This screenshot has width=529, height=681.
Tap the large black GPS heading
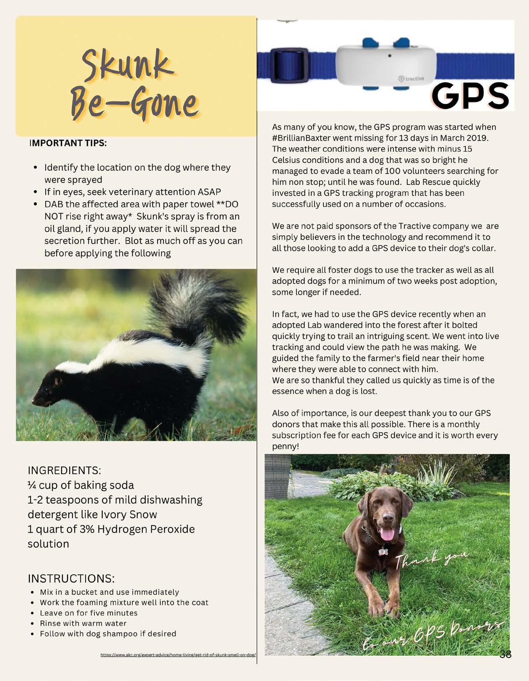(x=470, y=95)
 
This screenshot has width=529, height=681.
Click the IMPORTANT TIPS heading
(x=68, y=143)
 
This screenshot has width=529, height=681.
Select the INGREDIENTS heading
(x=64, y=470)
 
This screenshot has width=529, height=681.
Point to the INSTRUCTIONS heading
(x=71, y=578)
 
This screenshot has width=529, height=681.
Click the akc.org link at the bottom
(x=178, y=655)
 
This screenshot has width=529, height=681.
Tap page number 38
(x=505, y=654)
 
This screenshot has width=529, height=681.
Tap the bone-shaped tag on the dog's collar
(x=382, y=550)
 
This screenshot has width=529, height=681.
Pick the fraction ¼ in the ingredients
(x=32, y=485)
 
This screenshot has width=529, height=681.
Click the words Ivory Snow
(x=128, y=515)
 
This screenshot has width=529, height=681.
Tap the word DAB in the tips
(x=54, y=204)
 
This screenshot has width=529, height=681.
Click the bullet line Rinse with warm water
(x=83, y=623)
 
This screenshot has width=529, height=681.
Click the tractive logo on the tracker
(x=411, y=78)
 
